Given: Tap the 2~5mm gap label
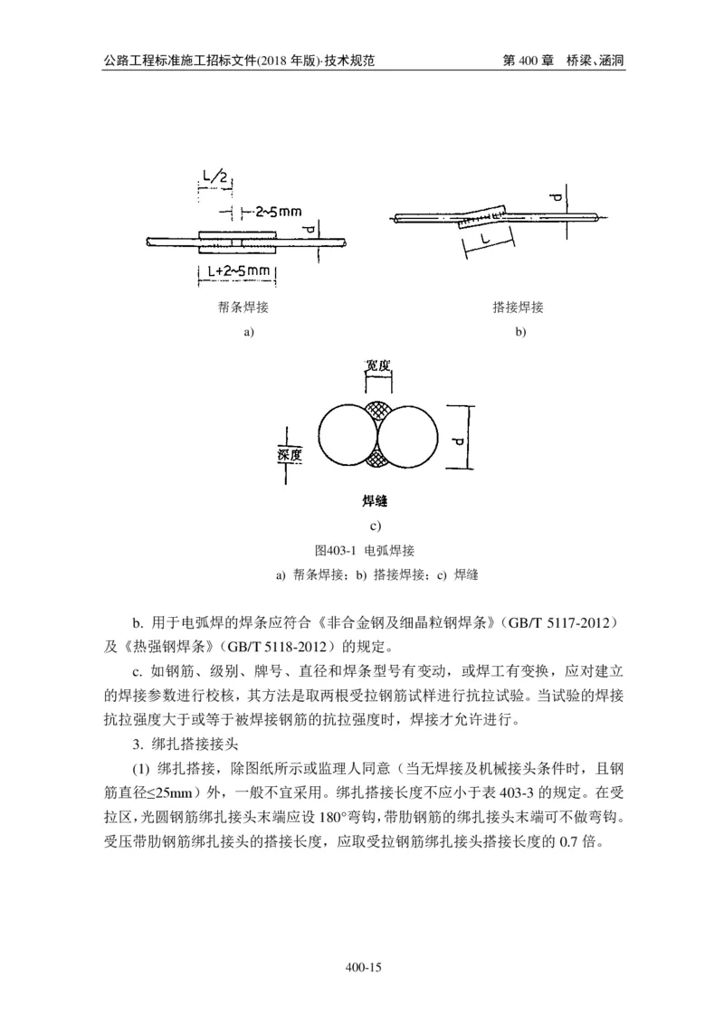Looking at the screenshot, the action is click(x=277, y=213).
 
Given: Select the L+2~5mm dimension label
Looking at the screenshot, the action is click(x=236, y=271).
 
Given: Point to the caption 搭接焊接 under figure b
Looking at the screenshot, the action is click(x=519, y=308).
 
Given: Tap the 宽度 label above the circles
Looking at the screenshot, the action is click(x=377, y=366).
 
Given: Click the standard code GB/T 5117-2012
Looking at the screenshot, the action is click(x=562, y=624).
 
